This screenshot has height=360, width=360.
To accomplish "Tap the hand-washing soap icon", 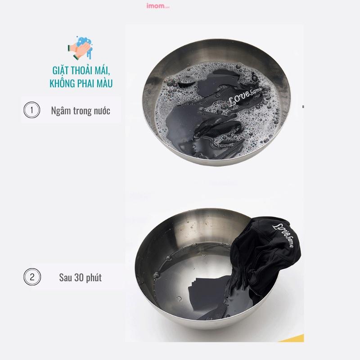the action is click(80, 48).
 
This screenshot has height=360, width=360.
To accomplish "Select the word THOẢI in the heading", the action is click(79, 70).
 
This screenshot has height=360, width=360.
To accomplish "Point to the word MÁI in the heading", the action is click(102, 70).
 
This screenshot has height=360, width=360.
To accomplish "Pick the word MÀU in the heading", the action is click(104, 83).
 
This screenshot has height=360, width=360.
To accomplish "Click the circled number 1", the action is click(31, 110).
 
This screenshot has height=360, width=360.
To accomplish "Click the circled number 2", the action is click(32, 277).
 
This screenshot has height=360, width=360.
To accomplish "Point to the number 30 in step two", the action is click(79, 278).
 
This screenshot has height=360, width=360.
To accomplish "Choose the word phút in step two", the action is click(94, 278).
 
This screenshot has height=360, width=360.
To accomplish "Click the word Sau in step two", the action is click(65, 278).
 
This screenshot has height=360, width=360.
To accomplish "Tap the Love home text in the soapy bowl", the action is click(245, 97).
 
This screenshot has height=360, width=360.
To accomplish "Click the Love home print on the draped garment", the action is click(283, 235).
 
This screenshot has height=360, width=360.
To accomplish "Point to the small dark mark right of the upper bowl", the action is click(303, 107).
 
